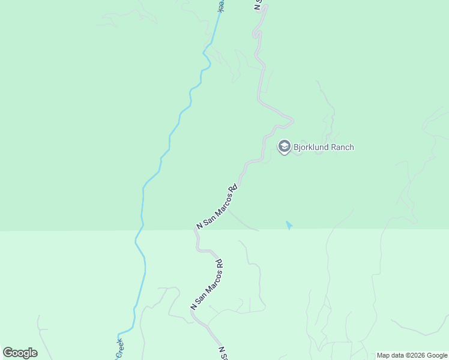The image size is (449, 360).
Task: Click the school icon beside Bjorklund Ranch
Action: [x=284, y=146]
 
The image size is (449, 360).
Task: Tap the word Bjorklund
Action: [x=312, y=147]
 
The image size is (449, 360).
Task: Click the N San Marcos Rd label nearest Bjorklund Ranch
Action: [x=217, y=206]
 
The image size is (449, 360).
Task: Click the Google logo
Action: [x=20, y=353]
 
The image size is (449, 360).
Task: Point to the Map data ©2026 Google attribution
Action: [x=412, y=355]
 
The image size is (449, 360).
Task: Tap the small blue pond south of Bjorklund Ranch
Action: [x=289, y=225]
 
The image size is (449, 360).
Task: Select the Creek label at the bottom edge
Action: [x=119, y=348]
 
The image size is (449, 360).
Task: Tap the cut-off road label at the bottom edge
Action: [x=223, y=353]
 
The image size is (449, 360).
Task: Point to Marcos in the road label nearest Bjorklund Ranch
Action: [x=218, y=205]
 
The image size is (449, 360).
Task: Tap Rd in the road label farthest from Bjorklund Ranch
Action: [x=219, y=264]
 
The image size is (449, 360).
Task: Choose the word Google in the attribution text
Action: [x=436, y=355]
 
